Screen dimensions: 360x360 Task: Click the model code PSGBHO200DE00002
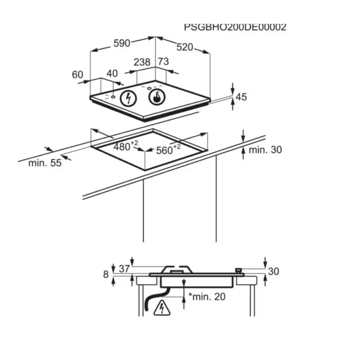tap(235, 27)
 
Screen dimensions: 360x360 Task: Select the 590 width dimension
tap(121, 43)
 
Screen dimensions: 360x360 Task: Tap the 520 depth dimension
tap(184, 47)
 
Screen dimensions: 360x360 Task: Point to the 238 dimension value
tap(142, 62)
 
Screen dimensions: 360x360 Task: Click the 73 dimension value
tap(163, 62)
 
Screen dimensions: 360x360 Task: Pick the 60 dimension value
tap(78, 74)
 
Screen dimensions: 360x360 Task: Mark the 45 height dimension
tap(242, 97)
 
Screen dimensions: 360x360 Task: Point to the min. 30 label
tap(265, 150)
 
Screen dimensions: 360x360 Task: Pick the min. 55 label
tap(45, 163)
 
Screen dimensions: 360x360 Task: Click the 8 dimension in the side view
tap(106, 274)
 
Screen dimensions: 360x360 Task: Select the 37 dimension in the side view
tap(125, 269)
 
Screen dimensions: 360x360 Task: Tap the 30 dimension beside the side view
tap(274, 271)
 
